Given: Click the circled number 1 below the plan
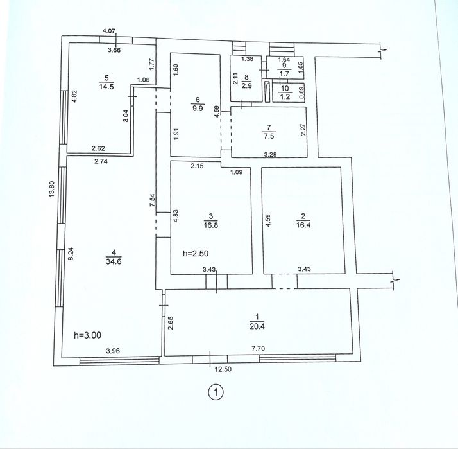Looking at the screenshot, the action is tap(216, 392).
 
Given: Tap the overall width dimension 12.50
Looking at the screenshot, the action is tap(223, 369).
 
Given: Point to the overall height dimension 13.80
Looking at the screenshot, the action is tap(52, 189).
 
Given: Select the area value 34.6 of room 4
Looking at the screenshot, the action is tap(114, 261).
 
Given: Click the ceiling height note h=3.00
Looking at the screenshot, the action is tap(88, 335).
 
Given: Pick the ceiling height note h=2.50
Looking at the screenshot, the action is tap(196, 253).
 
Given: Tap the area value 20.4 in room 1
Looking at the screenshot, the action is tap(257, 326).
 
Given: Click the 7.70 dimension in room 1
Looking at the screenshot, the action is tap(259, 348).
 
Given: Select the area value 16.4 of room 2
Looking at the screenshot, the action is tap(303, 225).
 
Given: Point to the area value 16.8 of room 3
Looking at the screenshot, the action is tap(211, 225).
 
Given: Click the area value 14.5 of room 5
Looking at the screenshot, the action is tap(106, 87).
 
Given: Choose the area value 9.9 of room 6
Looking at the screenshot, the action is tap(198, 109).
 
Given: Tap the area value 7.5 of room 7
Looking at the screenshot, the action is tap(269, 136).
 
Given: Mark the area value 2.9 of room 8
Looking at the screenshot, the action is tap(247, 86).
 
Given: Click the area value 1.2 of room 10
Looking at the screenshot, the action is tap(285, 97).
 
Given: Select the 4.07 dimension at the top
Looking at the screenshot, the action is tap(109, 30).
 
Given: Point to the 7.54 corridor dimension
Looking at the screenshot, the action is tap(152, 200).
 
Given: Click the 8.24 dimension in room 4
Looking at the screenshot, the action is tap(71, 254).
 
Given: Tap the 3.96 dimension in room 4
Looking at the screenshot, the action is tap(113, 351).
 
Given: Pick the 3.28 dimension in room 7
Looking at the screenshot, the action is tap(270, 154).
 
